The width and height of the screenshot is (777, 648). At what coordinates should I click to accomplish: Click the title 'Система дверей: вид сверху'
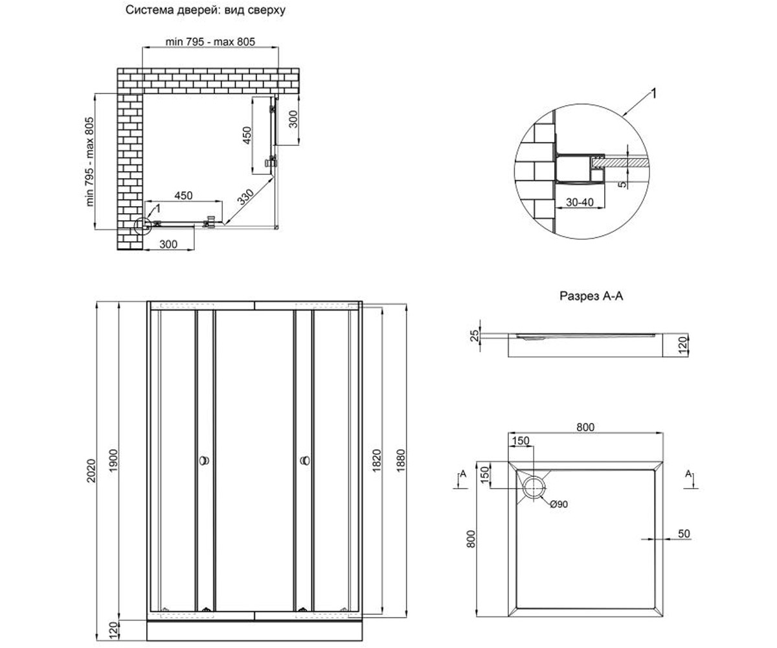coord(205,10)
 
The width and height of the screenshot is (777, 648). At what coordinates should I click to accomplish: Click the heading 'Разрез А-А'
coord(591,296)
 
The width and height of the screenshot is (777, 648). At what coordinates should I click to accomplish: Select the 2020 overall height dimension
coord(91,471)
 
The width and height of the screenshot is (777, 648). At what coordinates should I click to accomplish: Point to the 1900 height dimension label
coord(113,460)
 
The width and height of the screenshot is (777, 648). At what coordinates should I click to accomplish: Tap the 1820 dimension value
coord(377,461)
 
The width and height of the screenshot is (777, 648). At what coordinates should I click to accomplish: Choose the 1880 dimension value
coord(400,461)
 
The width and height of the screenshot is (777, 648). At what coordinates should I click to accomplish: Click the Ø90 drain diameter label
coord(559,504)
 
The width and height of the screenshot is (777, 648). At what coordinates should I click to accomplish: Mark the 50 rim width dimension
coord(684,534)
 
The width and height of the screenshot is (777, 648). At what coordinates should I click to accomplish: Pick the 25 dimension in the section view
coord(475,336)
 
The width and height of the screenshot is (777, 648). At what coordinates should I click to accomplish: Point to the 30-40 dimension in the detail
coord(580,202)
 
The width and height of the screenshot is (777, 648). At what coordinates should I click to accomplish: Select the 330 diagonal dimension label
coord(246,197)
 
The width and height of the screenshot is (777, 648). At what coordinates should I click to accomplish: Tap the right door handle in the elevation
coord(305,461)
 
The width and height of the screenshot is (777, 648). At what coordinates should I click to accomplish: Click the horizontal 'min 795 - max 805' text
coord(210,41)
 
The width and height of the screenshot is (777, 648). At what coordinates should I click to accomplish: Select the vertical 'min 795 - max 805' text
coord(90,161)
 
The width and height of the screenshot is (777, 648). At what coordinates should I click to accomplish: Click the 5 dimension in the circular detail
coord(622,184)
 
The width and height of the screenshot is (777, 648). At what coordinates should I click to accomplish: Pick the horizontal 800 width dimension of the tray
coord(585,427)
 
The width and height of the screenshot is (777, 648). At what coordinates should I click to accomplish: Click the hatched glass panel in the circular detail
coord(620,162)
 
